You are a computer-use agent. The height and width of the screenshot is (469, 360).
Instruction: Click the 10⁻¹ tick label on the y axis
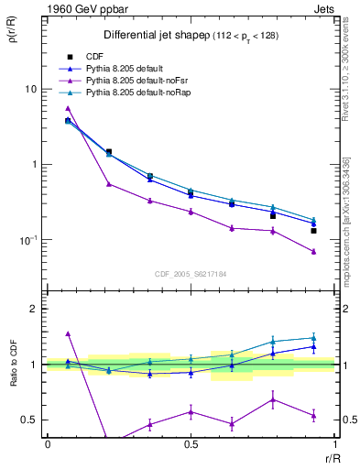pos(27,240)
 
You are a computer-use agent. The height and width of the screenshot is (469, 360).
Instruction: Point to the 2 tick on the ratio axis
pos(34,309)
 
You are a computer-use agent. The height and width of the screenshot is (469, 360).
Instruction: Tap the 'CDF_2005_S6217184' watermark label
pos(190,273)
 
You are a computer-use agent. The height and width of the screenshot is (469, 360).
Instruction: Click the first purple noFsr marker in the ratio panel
pos(68,333)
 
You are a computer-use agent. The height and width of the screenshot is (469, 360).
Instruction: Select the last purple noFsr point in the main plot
pos(313,251)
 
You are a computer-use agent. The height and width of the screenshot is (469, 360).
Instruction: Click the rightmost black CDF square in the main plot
pos(313,231)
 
